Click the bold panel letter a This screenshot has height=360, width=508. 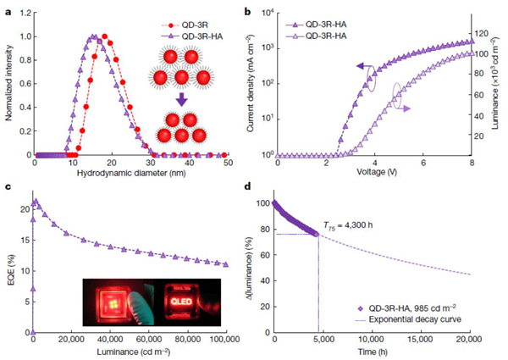[x=7, y=10]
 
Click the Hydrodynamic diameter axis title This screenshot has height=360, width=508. [x=130, y=174]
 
